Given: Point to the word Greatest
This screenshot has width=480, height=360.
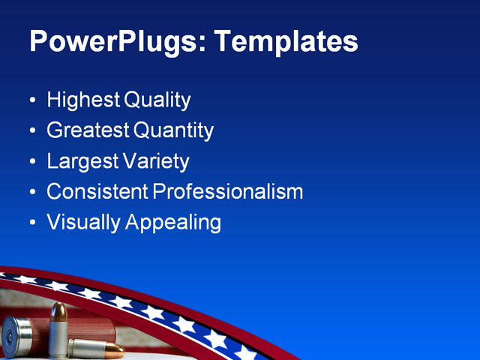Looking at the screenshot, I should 88,130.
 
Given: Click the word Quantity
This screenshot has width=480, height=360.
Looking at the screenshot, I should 174,130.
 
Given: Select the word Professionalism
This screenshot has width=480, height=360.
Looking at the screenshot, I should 228,192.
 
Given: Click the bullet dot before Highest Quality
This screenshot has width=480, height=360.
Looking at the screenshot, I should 31,100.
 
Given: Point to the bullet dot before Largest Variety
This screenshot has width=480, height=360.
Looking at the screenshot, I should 31,162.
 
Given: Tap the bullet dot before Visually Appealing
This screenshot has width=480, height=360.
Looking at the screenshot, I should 31,223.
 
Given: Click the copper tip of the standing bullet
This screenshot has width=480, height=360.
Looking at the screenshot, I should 58,310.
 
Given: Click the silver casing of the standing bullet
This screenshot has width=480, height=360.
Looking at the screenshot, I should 58,337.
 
